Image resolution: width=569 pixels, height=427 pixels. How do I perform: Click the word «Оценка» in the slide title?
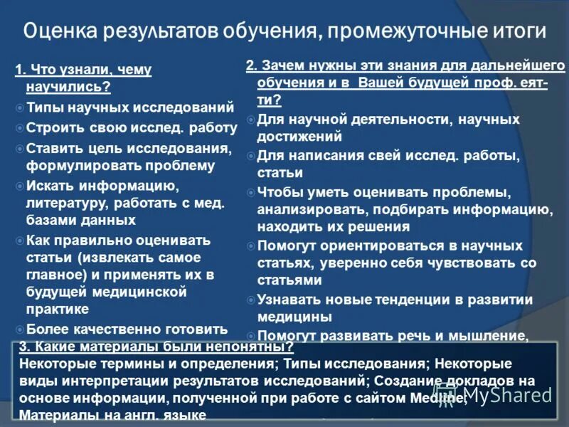pos(61,32)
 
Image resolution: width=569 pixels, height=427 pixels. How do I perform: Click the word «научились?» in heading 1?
pos(68,88)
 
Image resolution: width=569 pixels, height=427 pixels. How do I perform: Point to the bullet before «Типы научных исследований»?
pos(20,108)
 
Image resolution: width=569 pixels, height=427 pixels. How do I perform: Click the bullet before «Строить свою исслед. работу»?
pos(20,128)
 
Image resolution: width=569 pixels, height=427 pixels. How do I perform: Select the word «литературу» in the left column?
pos(66,203)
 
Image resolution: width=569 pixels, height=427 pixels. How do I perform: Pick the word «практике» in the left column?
pos(58,309)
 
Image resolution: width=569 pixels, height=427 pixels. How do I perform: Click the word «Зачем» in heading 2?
pos(278,66)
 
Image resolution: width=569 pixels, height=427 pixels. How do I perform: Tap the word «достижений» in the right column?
pos(299,136)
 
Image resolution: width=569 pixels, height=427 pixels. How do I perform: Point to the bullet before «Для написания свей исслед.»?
pos(250,155)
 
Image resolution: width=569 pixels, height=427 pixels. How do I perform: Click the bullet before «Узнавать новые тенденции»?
pos(250,300)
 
